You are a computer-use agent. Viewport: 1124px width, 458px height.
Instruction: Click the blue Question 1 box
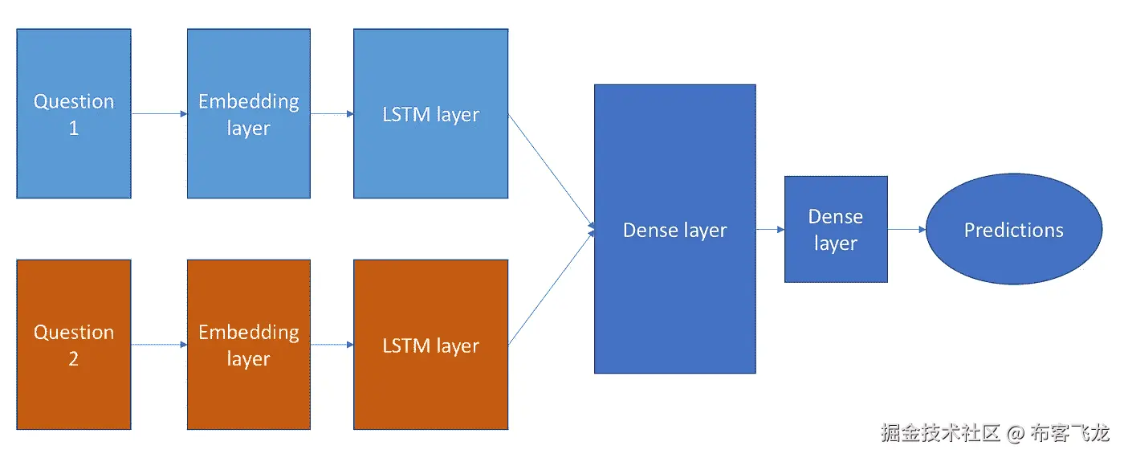(x=74, y=113)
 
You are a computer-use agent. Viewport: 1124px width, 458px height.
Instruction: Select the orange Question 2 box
(x=74, y=345)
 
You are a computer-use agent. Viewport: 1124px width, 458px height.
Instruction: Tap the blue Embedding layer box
(x=249, y=113)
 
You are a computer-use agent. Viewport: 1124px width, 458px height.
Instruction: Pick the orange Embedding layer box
(x=249, y=345)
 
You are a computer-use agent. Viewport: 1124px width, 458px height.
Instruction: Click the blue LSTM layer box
(x=430, y=113)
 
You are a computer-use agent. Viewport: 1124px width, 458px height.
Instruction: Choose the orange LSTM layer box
(x=430, y=345)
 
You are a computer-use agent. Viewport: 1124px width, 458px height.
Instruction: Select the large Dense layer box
(x=674, y=229)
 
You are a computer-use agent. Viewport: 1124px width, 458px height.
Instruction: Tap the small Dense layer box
(x=836, y=229)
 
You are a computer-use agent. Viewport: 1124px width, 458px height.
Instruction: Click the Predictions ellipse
(x=1013, y=229)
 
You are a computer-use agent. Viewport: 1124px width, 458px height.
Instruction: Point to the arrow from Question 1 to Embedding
(x=159, y=114)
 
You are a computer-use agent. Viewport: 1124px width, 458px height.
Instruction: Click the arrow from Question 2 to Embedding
(x=159, y=345)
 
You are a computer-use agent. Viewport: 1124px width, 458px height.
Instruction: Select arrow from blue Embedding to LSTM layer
(x=332, y=114)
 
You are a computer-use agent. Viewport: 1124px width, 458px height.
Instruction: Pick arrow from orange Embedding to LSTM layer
(x=332, y=345)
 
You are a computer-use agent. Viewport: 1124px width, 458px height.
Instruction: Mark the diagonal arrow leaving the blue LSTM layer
(x=551, y=171)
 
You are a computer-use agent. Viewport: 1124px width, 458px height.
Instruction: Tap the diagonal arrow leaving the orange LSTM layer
(x=551, y=288)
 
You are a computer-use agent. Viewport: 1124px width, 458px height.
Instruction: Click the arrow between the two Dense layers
(x=770, y=230)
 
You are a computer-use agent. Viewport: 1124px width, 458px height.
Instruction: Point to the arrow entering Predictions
(x=906, y=230)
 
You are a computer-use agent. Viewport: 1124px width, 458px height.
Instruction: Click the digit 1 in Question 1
(x=74, y=129)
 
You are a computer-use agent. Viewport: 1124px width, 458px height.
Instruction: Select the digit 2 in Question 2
(x=74, y=359)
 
